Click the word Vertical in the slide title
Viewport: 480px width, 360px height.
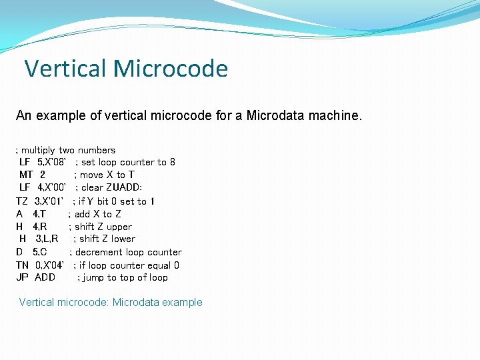click(65, 68)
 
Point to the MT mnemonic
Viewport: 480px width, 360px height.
click(27, 175)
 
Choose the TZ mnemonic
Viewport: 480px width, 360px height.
click(22, 201)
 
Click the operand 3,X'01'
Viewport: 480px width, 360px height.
click(49, 201)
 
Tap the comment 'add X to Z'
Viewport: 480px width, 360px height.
click(98, 214)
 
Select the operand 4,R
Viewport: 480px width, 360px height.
click(39, 227)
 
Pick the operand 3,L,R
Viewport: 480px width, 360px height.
click(47, 239)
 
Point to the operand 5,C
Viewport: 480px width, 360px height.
click(39, 252)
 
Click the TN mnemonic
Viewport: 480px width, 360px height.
click(23, 265)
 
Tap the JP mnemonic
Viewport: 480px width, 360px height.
click(22, 277)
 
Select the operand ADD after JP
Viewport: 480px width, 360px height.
click(45, 277)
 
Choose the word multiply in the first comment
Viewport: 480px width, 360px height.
click(39, 150)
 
